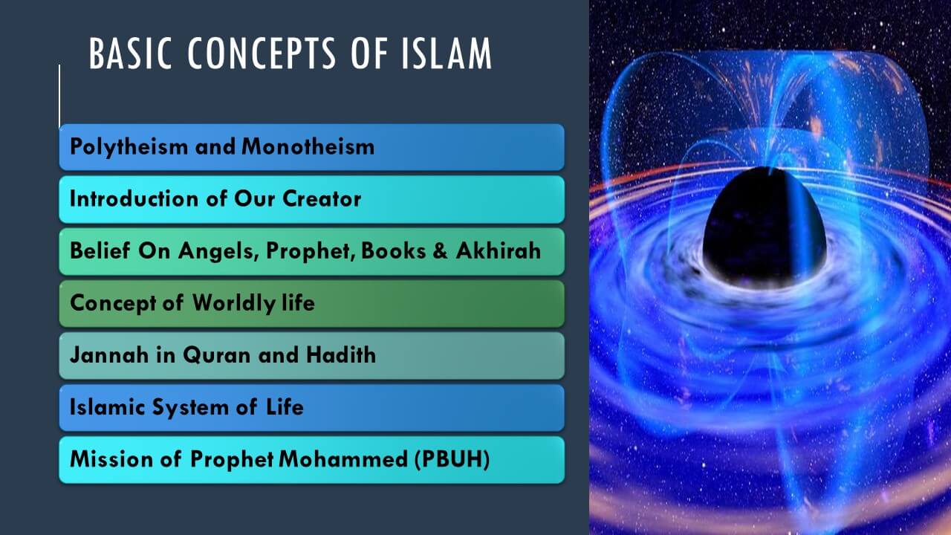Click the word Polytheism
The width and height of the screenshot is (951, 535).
pos(129,147)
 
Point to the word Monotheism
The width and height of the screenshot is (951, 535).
pos(308,146)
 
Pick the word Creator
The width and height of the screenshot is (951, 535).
pos(322,198)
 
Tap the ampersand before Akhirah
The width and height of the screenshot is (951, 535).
pos(441,250)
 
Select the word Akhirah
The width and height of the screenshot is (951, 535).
pos(499,250)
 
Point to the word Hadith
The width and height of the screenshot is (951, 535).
pos(341,355)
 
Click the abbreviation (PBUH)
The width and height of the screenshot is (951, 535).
pos(452,459)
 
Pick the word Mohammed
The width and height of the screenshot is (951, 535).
pos(343,459)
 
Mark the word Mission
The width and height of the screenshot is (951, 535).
pos(111,459)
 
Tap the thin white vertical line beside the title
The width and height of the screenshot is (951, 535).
pos(59,97)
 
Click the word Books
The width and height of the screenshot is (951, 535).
pos(394,250)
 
